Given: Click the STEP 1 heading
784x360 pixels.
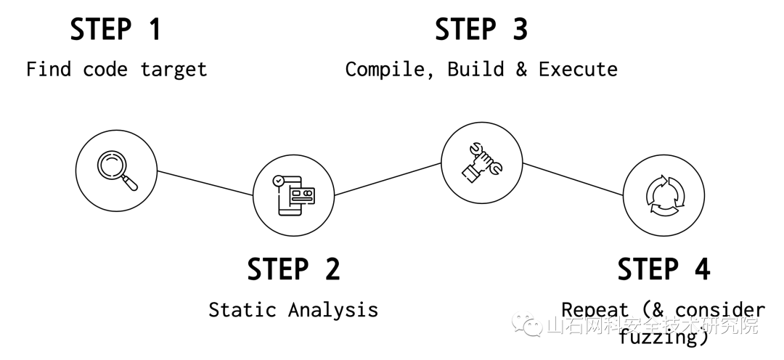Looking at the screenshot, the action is [115, 30].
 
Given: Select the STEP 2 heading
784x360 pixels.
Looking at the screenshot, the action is [293, 269].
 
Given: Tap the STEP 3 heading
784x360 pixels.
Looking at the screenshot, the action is [481, 30].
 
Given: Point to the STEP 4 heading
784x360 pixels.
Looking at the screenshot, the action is [663, 269].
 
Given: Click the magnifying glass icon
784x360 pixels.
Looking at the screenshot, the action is [117, 171].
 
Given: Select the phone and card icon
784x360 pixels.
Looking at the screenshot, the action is [294, 195].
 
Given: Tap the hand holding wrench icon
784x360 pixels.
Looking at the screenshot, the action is [482, 160].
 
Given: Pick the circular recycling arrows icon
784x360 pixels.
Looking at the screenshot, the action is [663, 195].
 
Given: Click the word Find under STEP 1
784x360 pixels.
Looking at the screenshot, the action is [49, 70].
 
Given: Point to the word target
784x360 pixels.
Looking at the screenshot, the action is [174, 70].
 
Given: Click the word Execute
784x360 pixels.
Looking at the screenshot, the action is [578, 70].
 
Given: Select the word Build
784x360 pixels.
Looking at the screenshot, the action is [476, 70].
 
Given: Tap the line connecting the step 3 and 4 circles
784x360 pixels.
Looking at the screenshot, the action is [573, 179].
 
